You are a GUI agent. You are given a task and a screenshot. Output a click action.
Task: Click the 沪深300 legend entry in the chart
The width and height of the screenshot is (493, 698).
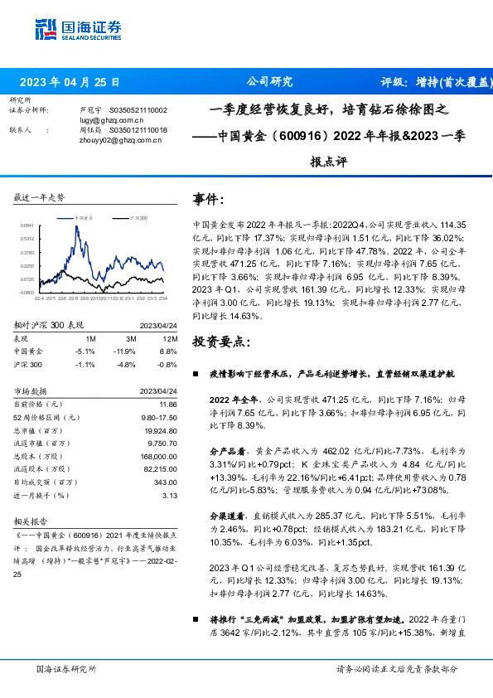(138, 216)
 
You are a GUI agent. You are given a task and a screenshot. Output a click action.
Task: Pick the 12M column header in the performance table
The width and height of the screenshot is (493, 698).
(167, 339)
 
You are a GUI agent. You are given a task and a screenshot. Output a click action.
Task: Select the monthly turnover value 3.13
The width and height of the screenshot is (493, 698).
(172, 495)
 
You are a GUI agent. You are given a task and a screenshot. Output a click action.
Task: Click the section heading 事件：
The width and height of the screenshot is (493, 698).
(208, 200)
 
